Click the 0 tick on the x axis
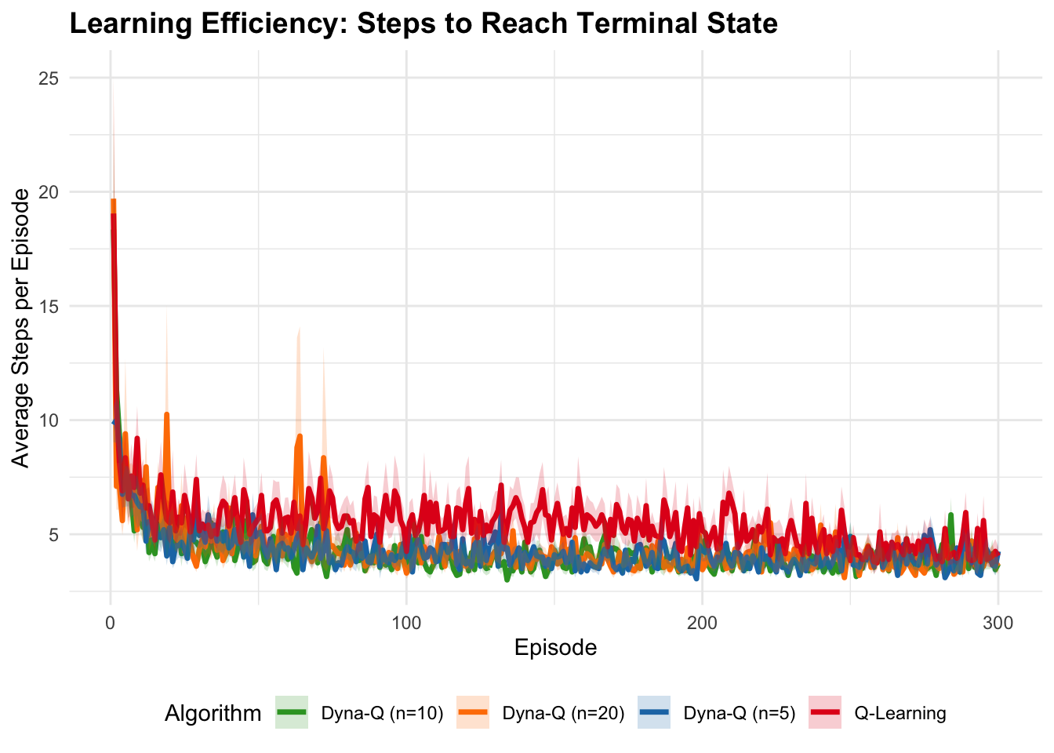pos(111,624)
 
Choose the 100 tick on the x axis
pos(406,624)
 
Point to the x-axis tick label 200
pos(702,624)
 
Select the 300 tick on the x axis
pos(998,624)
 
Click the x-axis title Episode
pos(555,648)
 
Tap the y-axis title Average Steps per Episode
pos(21,328)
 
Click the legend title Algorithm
pos(213,713)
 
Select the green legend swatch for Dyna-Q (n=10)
pos(292,713)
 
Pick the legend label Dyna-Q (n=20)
pos(563,713)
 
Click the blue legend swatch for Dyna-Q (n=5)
pos(654,713)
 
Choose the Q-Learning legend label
pos(900,713)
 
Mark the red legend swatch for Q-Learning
pos(825,713)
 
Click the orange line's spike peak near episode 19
pos(166,414)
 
